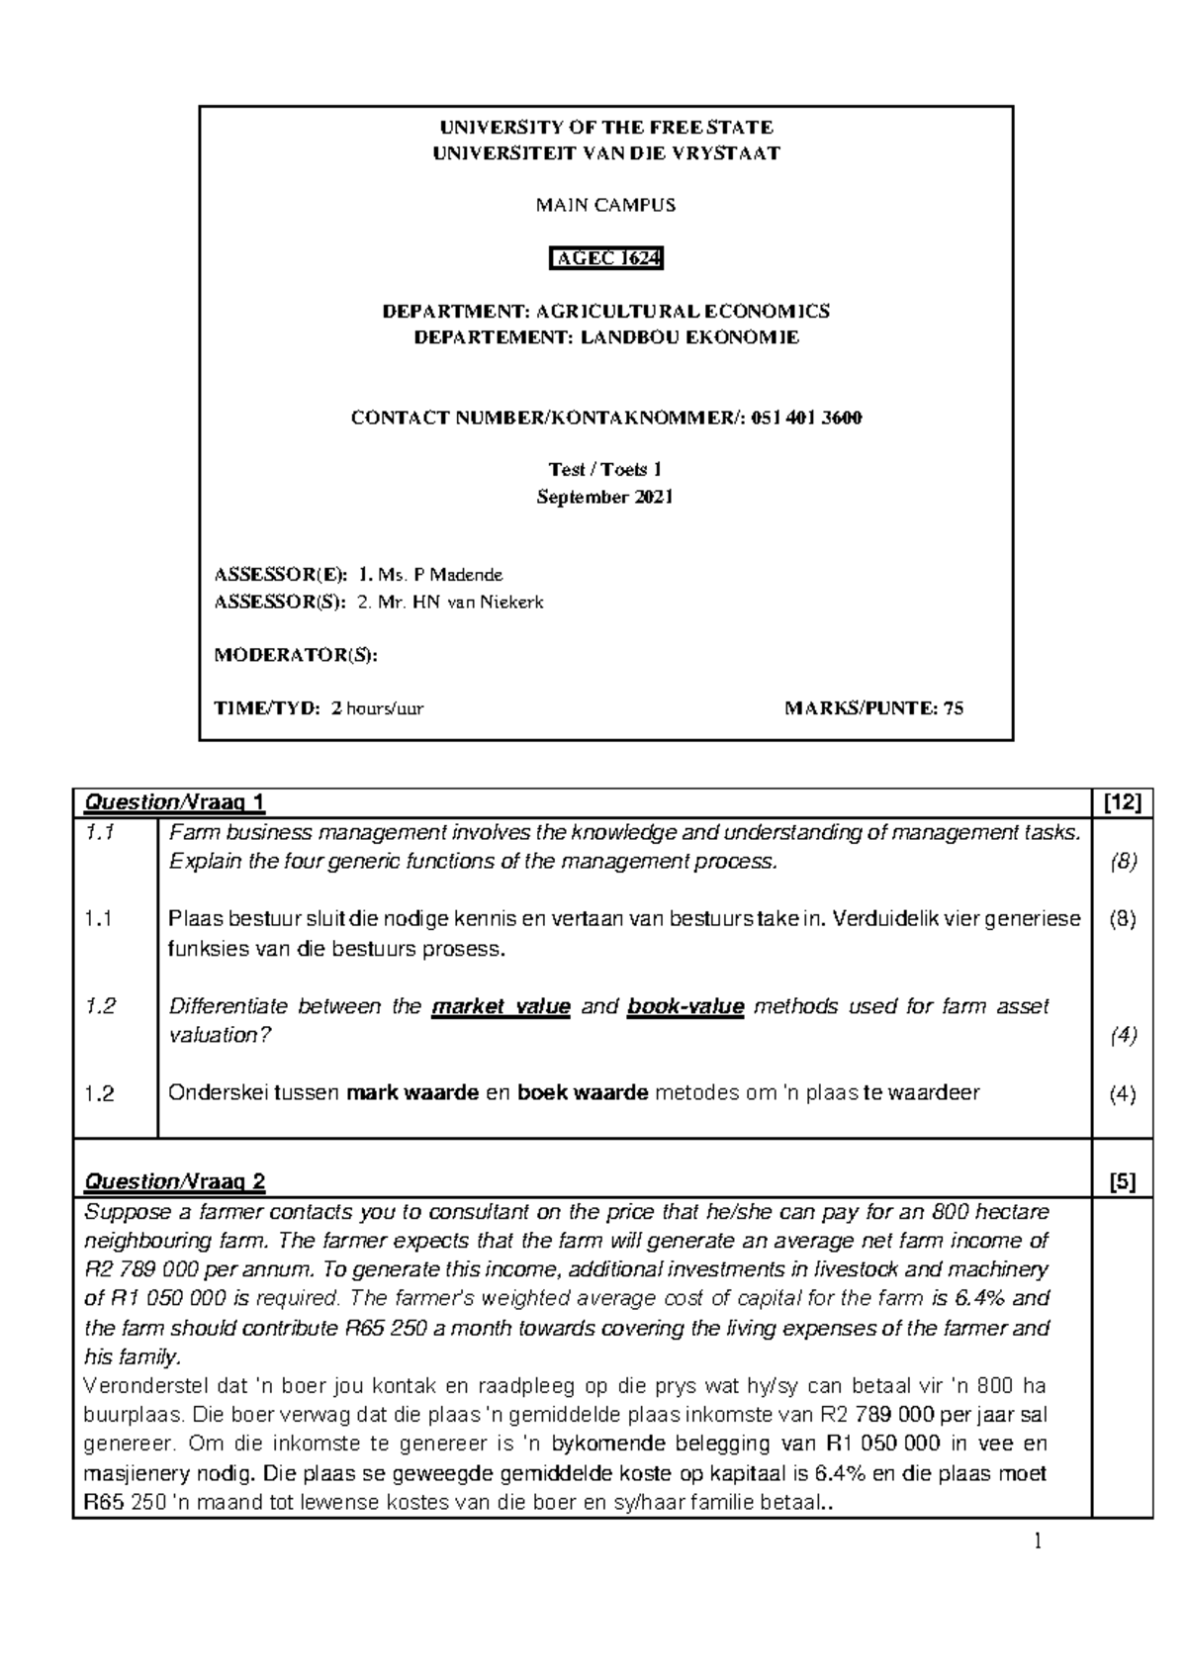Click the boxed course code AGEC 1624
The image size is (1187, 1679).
(x=606, y=259)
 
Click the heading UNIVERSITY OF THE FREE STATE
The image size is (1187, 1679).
(x=606, y=127)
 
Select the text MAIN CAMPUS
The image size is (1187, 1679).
(x=606, y=206)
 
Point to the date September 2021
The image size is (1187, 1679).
(x=605, y=497)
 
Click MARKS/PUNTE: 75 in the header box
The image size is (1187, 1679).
(x=873, y=708)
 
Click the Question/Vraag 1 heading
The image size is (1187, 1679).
(x=175, y=802)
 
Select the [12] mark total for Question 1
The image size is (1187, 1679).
(x=1122, y=802)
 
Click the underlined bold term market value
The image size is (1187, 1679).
(x=502, y=1007)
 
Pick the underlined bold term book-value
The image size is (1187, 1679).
(x=685, y=1007)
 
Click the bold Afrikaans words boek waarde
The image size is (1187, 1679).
(x=583, y=1093)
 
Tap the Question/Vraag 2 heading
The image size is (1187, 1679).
(x=175, y=1181)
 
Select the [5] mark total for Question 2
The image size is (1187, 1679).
(x=1122, y=1181)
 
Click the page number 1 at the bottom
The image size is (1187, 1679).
(x=1038, y=1540)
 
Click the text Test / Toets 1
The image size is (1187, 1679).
(x=605, y=470)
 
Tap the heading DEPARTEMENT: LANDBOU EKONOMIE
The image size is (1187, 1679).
(x=606, y=337)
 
